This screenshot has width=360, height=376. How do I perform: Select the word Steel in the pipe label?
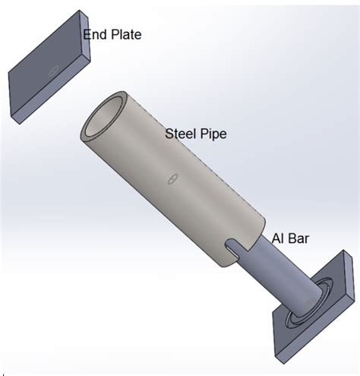click(x=180, y=134)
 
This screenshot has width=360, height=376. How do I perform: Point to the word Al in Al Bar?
click(x=276, y=239)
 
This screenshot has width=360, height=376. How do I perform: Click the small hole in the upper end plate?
click(x=54, y=70)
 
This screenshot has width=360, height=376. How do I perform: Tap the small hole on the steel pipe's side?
click(x=173, y=179)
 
